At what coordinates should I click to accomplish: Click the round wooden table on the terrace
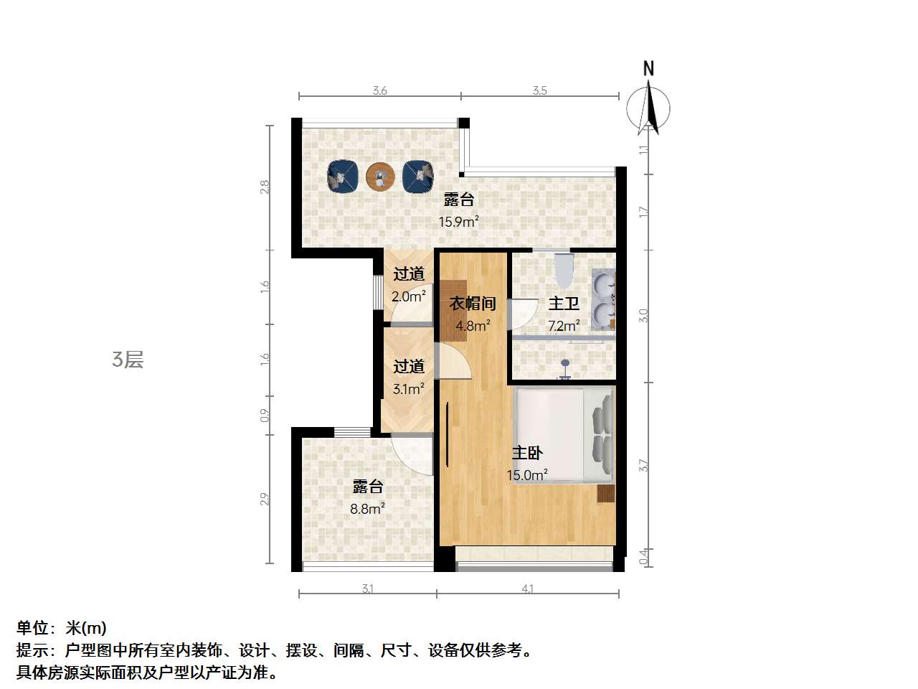379,177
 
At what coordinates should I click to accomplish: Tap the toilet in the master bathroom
564,271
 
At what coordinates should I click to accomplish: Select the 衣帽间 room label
473,304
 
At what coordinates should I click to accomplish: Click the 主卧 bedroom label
527,453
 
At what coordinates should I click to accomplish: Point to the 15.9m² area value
458,221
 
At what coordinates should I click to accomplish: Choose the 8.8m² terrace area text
367,509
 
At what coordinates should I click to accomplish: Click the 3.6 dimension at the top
379,90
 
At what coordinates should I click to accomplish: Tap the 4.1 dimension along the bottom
527,589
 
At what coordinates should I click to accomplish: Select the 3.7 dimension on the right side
643,465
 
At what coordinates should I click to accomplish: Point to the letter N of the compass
648,69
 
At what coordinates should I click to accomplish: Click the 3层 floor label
128,360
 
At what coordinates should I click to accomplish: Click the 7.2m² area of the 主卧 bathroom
564,325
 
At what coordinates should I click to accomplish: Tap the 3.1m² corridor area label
409,389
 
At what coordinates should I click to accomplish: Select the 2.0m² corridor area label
409,296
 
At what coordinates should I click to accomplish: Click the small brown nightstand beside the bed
606,493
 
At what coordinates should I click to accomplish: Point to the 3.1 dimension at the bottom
367,589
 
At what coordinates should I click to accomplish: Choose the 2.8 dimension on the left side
265,187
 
